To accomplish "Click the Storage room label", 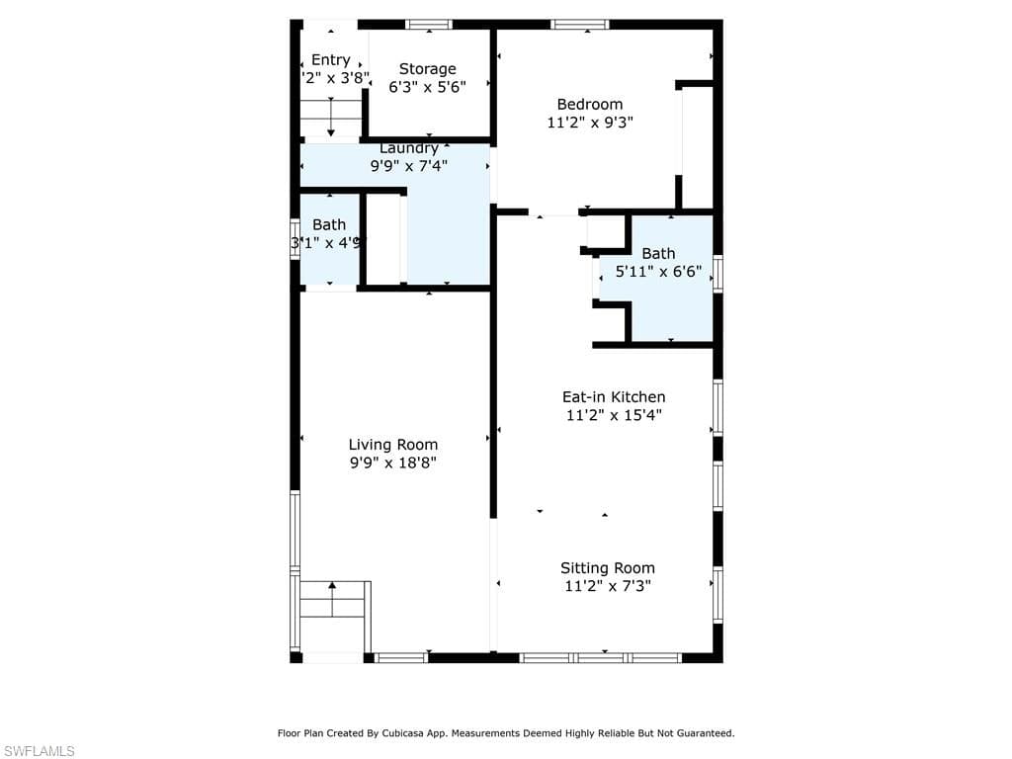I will (x=428, y=68).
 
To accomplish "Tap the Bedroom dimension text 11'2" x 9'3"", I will (x=590, y=123).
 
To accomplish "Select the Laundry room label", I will (x=409, y=148).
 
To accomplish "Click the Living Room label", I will (x=393, y=445).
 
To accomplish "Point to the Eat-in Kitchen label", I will (x=614, y=397).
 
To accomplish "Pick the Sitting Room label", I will (x=608, y=567).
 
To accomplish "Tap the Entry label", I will (x=331, y=59).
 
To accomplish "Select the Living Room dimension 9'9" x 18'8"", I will (x=393, y=463).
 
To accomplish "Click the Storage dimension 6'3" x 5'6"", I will (x=428, y=86).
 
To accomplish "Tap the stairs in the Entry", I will (x=331, y=118).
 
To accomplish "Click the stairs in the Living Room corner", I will (x=334, y=600).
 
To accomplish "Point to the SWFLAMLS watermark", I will (x=39, y=751).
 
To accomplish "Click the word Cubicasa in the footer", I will (x=436, y=733).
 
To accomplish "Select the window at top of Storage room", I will (x=429, y=24).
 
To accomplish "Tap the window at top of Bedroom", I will (x=580, y=24).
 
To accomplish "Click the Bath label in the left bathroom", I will (x=329, y=224).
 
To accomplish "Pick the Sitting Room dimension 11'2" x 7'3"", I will (x=608, y=585).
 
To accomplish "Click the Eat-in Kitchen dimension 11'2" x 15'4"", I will (x=614, y=415).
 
